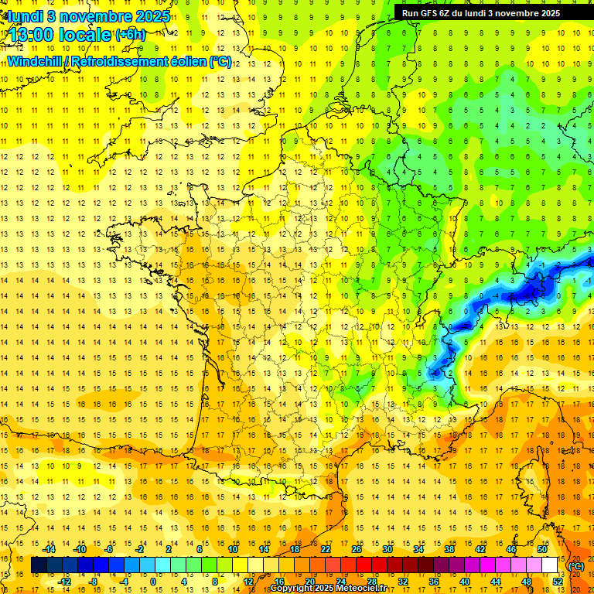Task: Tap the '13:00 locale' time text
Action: (x=59, y=35)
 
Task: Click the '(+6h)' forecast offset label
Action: (x=130, y=35)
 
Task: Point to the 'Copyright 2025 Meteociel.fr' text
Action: (x=328, y=589)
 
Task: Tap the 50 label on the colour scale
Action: (x=542, y=549)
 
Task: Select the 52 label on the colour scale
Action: (x=558, y=581)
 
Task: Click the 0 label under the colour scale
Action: (x=154, y=581)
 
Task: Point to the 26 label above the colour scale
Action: (x=357, y=549)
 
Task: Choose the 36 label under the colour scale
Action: (x=434, y=581)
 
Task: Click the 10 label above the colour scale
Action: (x=233, y=549)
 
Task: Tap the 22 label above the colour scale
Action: (x=326, y=549)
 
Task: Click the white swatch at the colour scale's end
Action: (x=550, y=565)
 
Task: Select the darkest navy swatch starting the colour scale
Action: (x=39, y=565)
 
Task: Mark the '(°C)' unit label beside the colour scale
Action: (x=576, y=565)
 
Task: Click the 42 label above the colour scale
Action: (x=480, y=549)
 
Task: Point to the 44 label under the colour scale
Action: (x=496, y=581)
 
